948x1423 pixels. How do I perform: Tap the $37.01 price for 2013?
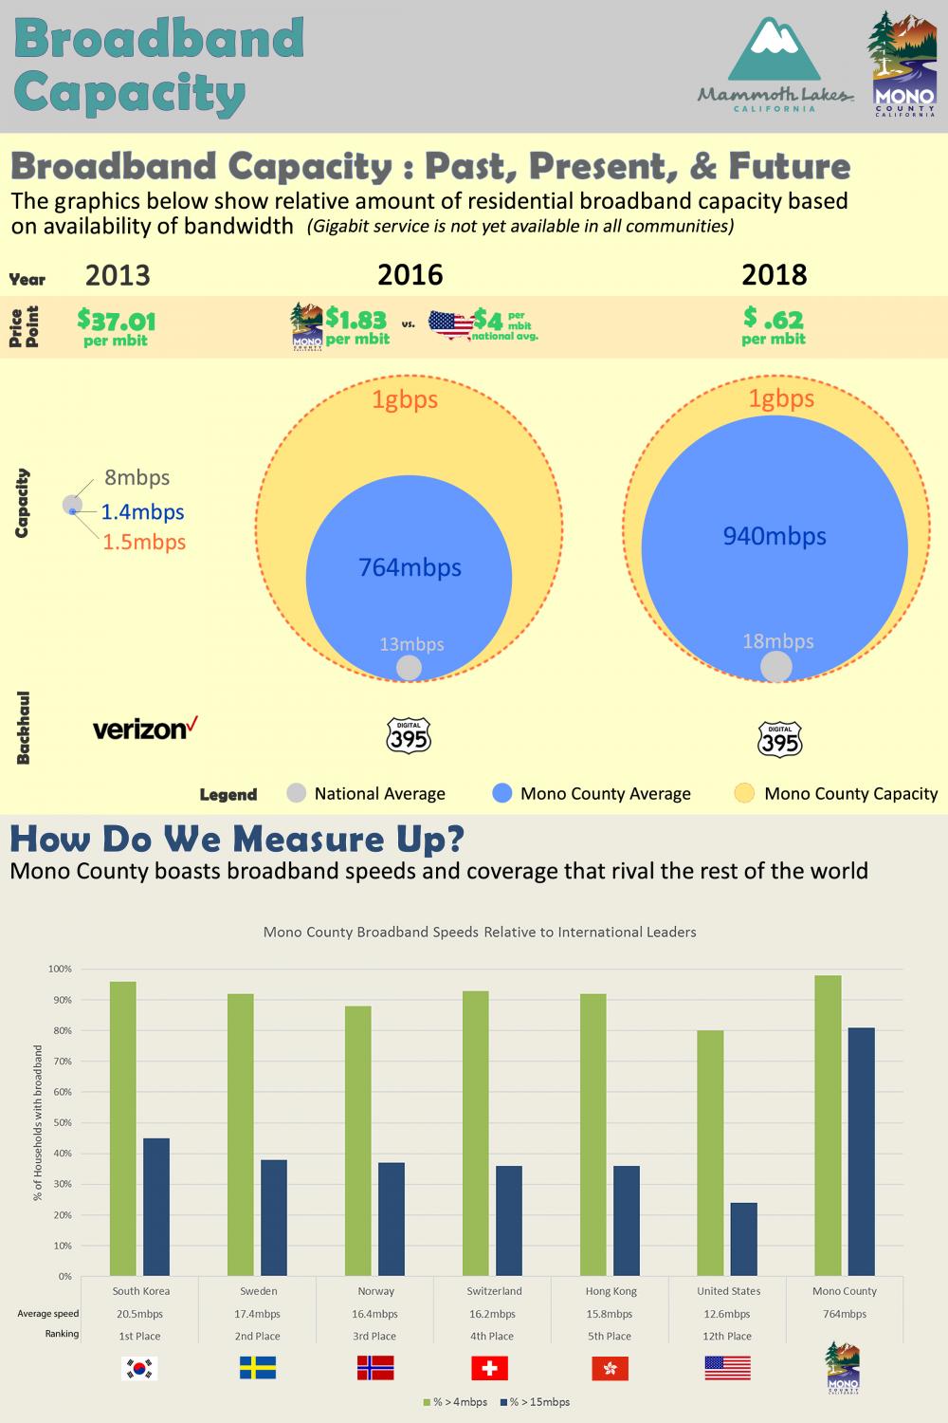tap(117, 322)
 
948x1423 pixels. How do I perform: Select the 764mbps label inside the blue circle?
tap(410, 567)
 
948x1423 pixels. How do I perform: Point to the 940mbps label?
tap(775, 536)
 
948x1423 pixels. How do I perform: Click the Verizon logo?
tap(145, 729)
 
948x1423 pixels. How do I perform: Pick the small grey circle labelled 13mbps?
tap(409, 667)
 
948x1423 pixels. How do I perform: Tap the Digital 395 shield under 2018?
tap(779, 739)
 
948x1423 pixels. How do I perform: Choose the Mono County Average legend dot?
tap(502, 794)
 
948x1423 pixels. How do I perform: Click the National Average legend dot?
tap(297, 794)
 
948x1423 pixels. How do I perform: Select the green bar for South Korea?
tap(123, 1129)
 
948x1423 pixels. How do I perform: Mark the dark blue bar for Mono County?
tap(862, 1152)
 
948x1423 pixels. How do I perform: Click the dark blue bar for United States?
tap(744, 1239)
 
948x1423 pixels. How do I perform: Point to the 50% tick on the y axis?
tap(61, 1122)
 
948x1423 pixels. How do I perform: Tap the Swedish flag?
tap(258, 1368)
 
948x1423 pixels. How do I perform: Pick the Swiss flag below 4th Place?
tap(490, 1368)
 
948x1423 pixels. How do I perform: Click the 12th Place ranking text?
tap(727, 1336)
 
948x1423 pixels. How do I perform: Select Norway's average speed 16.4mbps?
tap(375, 1314)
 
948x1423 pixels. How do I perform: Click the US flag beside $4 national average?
tap(450, 323)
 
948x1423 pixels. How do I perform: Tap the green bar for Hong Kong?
tap(593, 1135)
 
